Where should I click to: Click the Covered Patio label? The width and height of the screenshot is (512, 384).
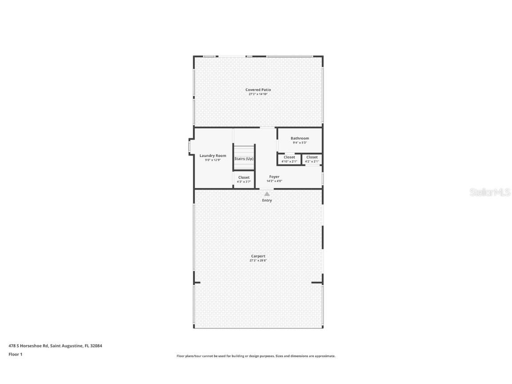tap(258, 90)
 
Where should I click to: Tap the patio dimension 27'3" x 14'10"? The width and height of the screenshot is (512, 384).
tap(258, 94)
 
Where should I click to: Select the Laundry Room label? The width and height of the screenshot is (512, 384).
tap(212, 156)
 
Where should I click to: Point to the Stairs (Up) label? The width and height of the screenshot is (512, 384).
tap(244, 159)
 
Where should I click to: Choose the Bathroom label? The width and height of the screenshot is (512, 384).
tap(300, 138)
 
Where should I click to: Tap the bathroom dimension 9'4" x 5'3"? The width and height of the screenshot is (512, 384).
tap(300, 143)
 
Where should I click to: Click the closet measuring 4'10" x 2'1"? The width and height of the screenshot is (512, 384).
tap(289, 159)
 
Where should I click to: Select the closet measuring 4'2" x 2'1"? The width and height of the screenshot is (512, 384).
tap(312, 159)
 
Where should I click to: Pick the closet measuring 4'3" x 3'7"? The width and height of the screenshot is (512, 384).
tap(244, 180)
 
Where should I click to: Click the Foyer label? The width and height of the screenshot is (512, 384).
tap(274, 177)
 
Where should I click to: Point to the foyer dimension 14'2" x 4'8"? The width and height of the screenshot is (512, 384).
tap(274, 181)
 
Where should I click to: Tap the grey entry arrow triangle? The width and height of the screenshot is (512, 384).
tap(267, 194)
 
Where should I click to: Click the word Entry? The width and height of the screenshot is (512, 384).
tap(267, 200)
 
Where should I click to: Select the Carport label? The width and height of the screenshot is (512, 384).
tap(258, 256)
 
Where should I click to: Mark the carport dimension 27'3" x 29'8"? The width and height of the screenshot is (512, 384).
tap(258, 260)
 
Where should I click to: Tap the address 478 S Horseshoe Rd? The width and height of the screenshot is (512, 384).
tap(28, 346)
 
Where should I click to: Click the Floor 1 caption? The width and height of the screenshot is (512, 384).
tap(15, 354)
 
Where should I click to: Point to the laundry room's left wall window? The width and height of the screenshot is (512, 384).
tap(189, 146)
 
